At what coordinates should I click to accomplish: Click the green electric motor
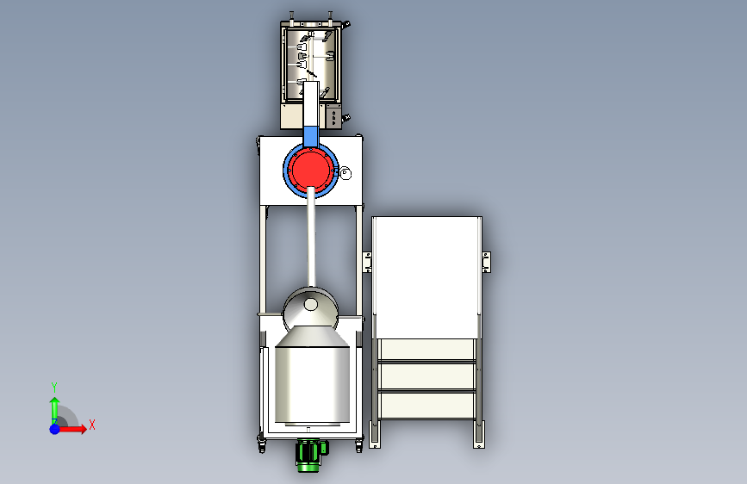pyautogui.click(x=311, y=455)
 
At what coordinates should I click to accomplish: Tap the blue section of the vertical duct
pyautogui.click(x=311, y=136)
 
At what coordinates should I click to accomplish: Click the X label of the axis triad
pyautogui.click(x=92, y=425)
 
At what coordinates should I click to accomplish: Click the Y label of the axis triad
pyautogui.click(x=54, y=388)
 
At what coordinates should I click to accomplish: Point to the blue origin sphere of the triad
pyautogui.click(x=55, y=429)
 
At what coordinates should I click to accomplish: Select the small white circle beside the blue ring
pyautogui.click(x=345, y=174)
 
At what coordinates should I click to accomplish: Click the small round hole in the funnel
pyautogui.click(x=311, y=304)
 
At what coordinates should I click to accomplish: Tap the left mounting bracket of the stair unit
pyautogui.click(x=367, y=262)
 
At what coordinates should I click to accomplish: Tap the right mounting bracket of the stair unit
pyautogui.click(x=486, y=262)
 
